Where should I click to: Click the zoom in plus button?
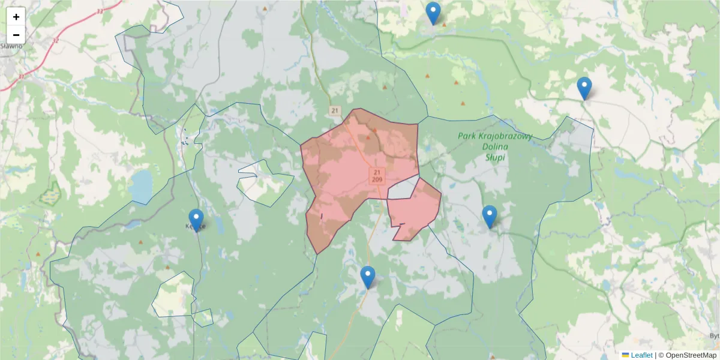pos(16,17)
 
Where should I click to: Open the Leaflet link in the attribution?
pos(641,355)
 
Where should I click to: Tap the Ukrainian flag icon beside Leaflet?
pos(625,355)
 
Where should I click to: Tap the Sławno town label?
pos(11,46)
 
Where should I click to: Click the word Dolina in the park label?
pos(494,146)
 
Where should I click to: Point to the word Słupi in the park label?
pos(494,157)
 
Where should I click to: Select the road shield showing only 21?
pos(335,110)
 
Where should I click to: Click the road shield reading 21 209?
pos(377,176)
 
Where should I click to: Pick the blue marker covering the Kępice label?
pos(196,220)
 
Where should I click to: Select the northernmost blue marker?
pos(433,13)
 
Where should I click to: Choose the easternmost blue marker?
pos(584,88)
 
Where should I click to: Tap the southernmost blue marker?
pos(368,277)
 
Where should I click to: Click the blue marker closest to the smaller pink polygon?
pos(490,216)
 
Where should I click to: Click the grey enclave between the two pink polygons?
pos(402,189)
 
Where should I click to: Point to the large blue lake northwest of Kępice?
pos(141,186)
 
